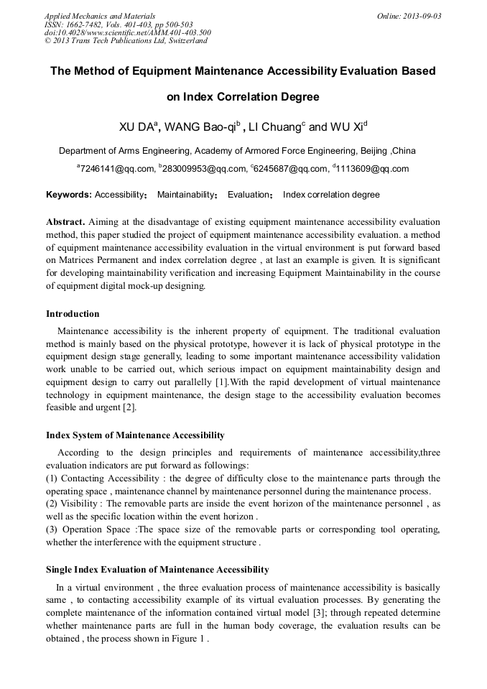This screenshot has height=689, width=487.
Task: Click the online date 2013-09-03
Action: [x=419, y=15]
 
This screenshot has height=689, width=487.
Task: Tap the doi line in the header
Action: [x=128, y=32]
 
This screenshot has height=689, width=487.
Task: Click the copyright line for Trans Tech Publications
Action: [x=126, y=41]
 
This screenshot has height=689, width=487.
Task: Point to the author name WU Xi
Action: [x=346, y=128]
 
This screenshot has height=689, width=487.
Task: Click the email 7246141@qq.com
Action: [x=116, y=169]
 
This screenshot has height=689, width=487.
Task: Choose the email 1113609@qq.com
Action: [x=372, y=169]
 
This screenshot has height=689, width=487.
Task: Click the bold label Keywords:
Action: [x=69, y=195]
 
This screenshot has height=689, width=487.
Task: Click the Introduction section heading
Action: [x=73, y=314]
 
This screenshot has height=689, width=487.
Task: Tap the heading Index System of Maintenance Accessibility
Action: [x=135, y=435]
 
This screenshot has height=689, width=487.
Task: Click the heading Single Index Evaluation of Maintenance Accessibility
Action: [x=157, y=570]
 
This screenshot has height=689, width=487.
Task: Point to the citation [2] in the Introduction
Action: [x=129, y=408]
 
